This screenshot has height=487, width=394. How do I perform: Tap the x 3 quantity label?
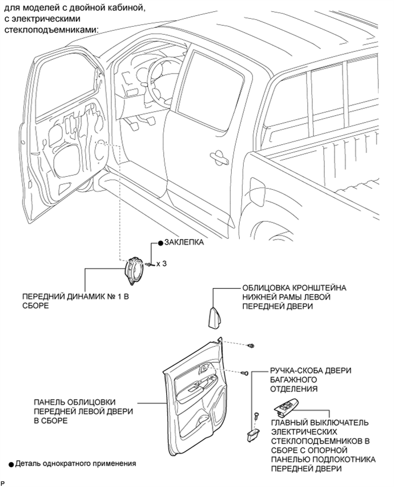point(162,263)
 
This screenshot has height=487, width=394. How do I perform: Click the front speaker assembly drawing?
point(134,270)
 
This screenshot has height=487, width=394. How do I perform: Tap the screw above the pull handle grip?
point(256,415)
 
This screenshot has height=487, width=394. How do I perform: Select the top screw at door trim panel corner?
point(251,346)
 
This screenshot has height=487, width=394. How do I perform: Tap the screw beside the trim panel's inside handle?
point(244,372)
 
